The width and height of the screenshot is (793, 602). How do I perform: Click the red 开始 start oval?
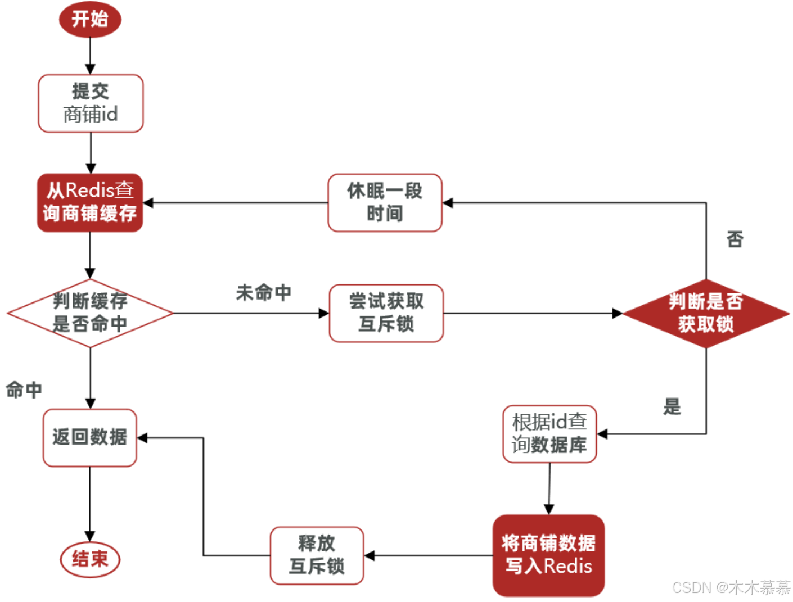click(90, 19)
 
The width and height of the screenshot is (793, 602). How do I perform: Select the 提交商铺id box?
click(91, 103)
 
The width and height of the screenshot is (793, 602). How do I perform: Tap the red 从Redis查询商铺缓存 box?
click(90, 202)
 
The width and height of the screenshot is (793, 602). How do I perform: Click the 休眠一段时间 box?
click(385, 202)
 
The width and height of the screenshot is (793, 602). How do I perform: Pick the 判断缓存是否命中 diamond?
click(90, 313)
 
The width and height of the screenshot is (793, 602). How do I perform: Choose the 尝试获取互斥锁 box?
click(386, 313)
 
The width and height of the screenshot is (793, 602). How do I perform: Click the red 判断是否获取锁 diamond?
click(706, 313)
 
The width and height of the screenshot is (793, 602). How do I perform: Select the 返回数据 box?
click(90, 437)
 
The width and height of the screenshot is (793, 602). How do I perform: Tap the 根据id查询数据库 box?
click(549, 434)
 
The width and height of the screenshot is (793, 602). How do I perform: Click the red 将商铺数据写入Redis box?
click(548, 555)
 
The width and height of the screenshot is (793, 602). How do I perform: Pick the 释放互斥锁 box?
click(317, 555)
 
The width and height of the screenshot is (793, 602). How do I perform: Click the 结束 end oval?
click(90, 559)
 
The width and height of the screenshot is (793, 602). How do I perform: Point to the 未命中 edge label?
click(263, 293)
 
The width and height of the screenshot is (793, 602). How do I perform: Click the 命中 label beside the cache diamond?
click(24, 390)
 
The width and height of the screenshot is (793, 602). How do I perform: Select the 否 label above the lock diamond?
click(735, 239)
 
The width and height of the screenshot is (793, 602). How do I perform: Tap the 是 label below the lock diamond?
click(672, 406)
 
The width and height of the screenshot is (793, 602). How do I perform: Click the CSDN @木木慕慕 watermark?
click(731, 588)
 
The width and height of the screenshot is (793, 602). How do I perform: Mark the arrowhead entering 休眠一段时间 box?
click(448, 203)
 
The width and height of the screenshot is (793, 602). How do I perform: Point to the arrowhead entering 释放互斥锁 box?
click(369, 555)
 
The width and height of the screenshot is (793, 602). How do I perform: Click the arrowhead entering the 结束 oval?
click(90, 536)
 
